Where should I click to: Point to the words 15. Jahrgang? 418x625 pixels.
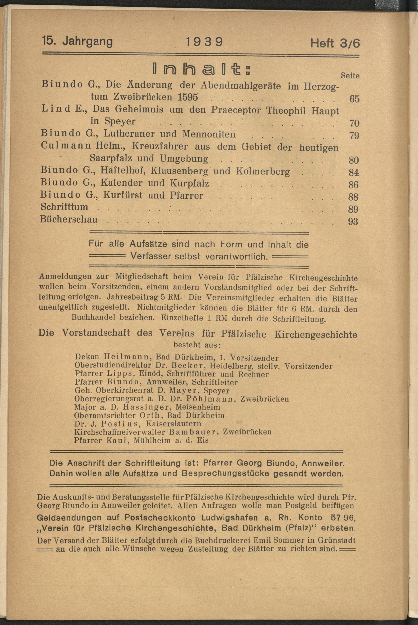pos(77,42)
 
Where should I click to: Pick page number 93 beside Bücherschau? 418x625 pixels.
pos(353,222)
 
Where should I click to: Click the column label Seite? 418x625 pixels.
pos(350,76)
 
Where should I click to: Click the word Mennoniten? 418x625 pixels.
pos(209,134)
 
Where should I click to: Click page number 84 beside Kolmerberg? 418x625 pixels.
pos(353,172)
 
